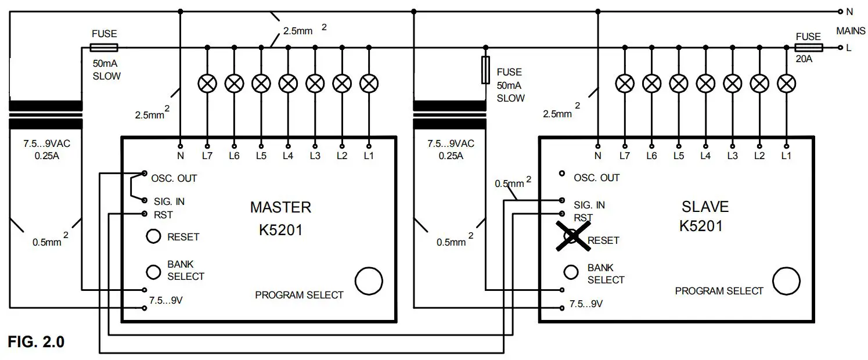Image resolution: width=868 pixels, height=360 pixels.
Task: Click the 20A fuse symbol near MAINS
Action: click(x=808, y=48)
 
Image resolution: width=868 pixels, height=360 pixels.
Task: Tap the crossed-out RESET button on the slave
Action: click(x=572, y=236)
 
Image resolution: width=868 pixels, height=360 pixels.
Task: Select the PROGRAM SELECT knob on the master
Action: click(x=369, y=281)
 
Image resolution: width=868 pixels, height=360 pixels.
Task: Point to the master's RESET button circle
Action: click(x=153, y=236)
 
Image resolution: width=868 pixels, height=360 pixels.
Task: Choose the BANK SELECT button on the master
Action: click(x=153, y=271)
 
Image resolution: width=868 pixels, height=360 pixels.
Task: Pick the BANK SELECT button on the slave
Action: click(x=571, y=272)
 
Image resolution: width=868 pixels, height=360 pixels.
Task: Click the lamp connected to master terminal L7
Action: click(x=207, y=84)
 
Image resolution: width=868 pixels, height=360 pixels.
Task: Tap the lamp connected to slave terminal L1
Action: click(x=786, y=84)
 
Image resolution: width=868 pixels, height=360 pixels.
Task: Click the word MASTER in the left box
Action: click(x=280, y=207)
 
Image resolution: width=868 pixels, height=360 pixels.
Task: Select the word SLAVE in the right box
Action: click(x=704, y=207)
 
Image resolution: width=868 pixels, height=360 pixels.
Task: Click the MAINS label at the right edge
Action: click(x=850, y=30)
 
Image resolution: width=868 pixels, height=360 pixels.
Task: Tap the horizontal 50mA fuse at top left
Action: click(x=105, y=48)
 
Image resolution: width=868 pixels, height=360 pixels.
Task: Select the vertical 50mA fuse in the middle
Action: click(x=485, y=70)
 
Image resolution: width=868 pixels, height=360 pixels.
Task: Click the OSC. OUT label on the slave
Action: click(x=596, y=178)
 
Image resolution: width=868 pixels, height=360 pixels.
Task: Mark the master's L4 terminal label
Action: click(x=288, y=156)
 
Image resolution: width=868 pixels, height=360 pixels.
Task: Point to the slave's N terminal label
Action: click(x=597, y=156)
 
